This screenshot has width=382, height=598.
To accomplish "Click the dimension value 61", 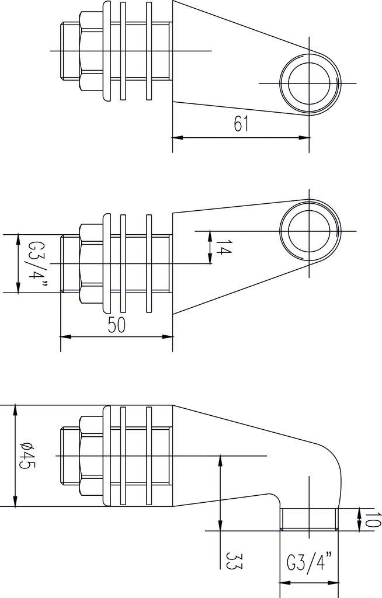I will [241, 124].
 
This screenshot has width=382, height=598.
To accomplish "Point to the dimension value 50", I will [117, 326].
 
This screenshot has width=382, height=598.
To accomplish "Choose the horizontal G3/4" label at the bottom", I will [310, 564].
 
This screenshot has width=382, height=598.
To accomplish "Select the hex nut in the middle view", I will [90, 263].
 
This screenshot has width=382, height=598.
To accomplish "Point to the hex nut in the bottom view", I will [90, 455].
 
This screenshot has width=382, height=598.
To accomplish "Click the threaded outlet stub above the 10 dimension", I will [310, 519].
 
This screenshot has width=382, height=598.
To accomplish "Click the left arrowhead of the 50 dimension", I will [65, 336].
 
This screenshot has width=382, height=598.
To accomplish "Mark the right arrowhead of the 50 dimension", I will [169, 336].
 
